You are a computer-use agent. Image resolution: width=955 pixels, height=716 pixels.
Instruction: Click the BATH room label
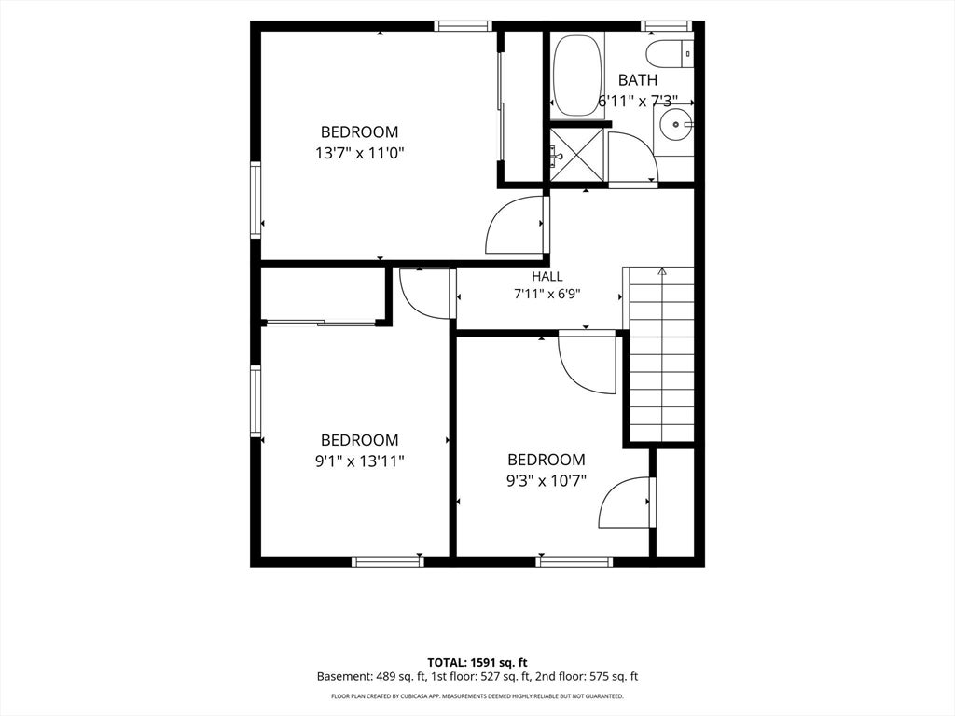point(638,80)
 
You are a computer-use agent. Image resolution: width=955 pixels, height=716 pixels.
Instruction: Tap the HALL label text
point(547,276)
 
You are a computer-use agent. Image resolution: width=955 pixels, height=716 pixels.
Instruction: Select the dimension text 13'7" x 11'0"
point(359,153)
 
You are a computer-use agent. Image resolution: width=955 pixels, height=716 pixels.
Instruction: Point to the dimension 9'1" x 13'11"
point(359,461)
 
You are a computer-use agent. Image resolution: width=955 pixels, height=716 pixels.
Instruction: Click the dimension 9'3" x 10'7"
point(547,481)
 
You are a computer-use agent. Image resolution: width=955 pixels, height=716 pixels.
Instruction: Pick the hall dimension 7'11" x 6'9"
point(547,294)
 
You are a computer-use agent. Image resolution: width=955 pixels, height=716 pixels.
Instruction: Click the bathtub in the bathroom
point(578,76)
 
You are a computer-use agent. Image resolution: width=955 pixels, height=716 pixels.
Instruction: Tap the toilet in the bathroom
point(670,53)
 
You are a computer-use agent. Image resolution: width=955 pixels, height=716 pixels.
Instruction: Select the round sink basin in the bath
point(675,124)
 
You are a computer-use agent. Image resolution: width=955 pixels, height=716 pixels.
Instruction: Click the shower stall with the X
point(578,155)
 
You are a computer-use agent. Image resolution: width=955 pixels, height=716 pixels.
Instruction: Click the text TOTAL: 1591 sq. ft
point(477,662)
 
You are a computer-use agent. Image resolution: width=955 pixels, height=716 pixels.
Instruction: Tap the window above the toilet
point(666,25)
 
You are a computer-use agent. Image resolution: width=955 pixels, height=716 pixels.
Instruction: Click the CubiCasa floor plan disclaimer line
point(477,695)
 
